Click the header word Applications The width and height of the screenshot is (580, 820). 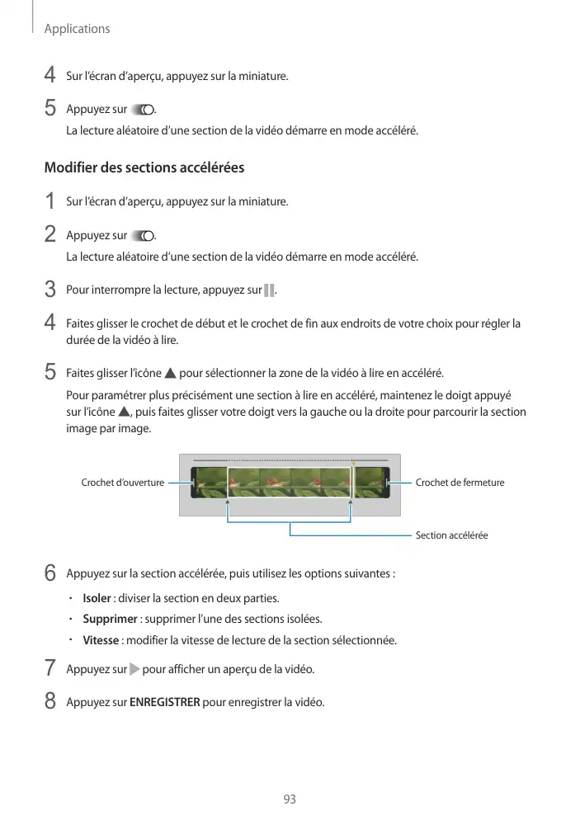[x=77, y=29]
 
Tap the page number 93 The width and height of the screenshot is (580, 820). [x=290, y=799]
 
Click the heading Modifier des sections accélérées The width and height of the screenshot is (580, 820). [x=144, y=168]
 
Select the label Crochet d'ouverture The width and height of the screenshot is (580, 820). [x=122, y=483]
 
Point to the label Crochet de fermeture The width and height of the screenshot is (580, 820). [x=460, y=483]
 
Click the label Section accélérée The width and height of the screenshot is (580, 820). [x=451, y=535]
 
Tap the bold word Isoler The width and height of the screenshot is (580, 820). [x=97, y=598]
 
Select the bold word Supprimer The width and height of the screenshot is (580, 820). [x=111, y=619]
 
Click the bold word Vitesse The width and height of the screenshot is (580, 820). [x=101, y=640]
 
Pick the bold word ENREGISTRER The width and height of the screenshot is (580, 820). [x=165, y=703]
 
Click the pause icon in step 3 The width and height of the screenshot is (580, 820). [x=269, y=290]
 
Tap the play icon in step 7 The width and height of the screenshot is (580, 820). [x=135, y=668]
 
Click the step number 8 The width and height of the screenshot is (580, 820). [x=50, y=702]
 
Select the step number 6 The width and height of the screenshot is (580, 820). [x=50, y=573]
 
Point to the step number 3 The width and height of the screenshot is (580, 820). [x=50, y=290]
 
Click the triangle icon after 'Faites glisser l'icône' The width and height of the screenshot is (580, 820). [x=171, y=373]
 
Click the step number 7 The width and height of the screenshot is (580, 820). [x=50, y=667]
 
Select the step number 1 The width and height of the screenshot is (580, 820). [x=50, y=201]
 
